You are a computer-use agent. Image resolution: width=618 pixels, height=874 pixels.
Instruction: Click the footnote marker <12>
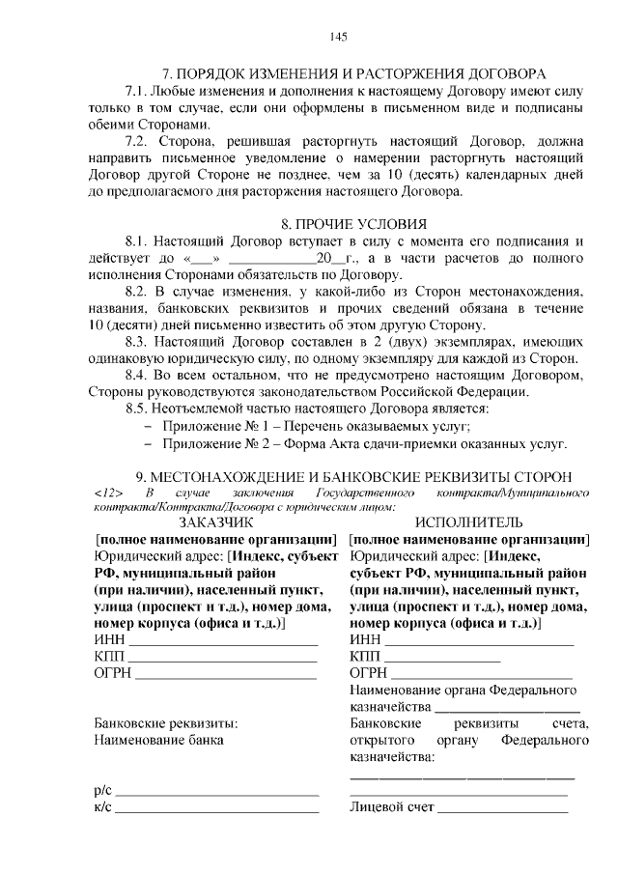(108, 493)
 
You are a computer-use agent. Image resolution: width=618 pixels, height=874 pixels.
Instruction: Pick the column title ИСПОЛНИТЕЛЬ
(468, 522)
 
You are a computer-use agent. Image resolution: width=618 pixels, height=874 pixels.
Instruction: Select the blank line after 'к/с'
(216, 810)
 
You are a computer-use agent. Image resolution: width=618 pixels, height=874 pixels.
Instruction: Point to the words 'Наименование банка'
(157, 740)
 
